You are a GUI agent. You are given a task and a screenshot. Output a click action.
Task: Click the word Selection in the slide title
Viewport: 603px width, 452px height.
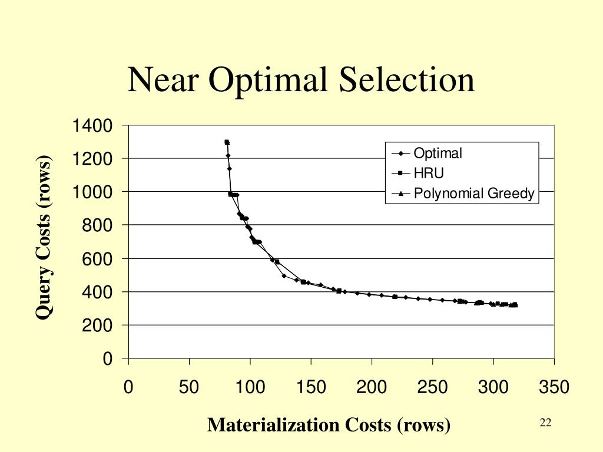(407, 80)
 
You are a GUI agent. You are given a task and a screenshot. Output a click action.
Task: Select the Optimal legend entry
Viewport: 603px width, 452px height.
(438, 154)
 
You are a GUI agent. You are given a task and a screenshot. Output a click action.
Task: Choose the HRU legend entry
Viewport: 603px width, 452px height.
(428, 173)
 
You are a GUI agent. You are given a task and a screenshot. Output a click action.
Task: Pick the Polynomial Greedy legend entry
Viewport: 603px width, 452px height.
(473, 193)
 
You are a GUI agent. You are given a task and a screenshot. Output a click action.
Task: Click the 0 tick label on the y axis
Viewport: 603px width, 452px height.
(107, 359)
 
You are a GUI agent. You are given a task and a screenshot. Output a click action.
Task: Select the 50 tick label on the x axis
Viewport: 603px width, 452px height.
(189, 387)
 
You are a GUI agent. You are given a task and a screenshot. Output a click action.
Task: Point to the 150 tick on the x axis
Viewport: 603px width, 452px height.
(311, 387)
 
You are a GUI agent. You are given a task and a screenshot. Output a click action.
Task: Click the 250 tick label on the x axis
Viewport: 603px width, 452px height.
(432, 387)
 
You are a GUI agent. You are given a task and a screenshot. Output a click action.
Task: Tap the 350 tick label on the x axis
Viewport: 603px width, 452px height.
(554, 387)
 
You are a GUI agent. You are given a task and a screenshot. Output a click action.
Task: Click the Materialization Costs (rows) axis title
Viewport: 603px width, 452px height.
(329, 424)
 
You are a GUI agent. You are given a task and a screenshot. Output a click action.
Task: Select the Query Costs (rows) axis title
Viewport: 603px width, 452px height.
(44, 237)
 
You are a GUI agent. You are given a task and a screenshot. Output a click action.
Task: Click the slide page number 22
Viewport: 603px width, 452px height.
(545, 423)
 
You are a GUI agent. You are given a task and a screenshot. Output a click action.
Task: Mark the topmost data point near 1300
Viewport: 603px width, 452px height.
(227, 142)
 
